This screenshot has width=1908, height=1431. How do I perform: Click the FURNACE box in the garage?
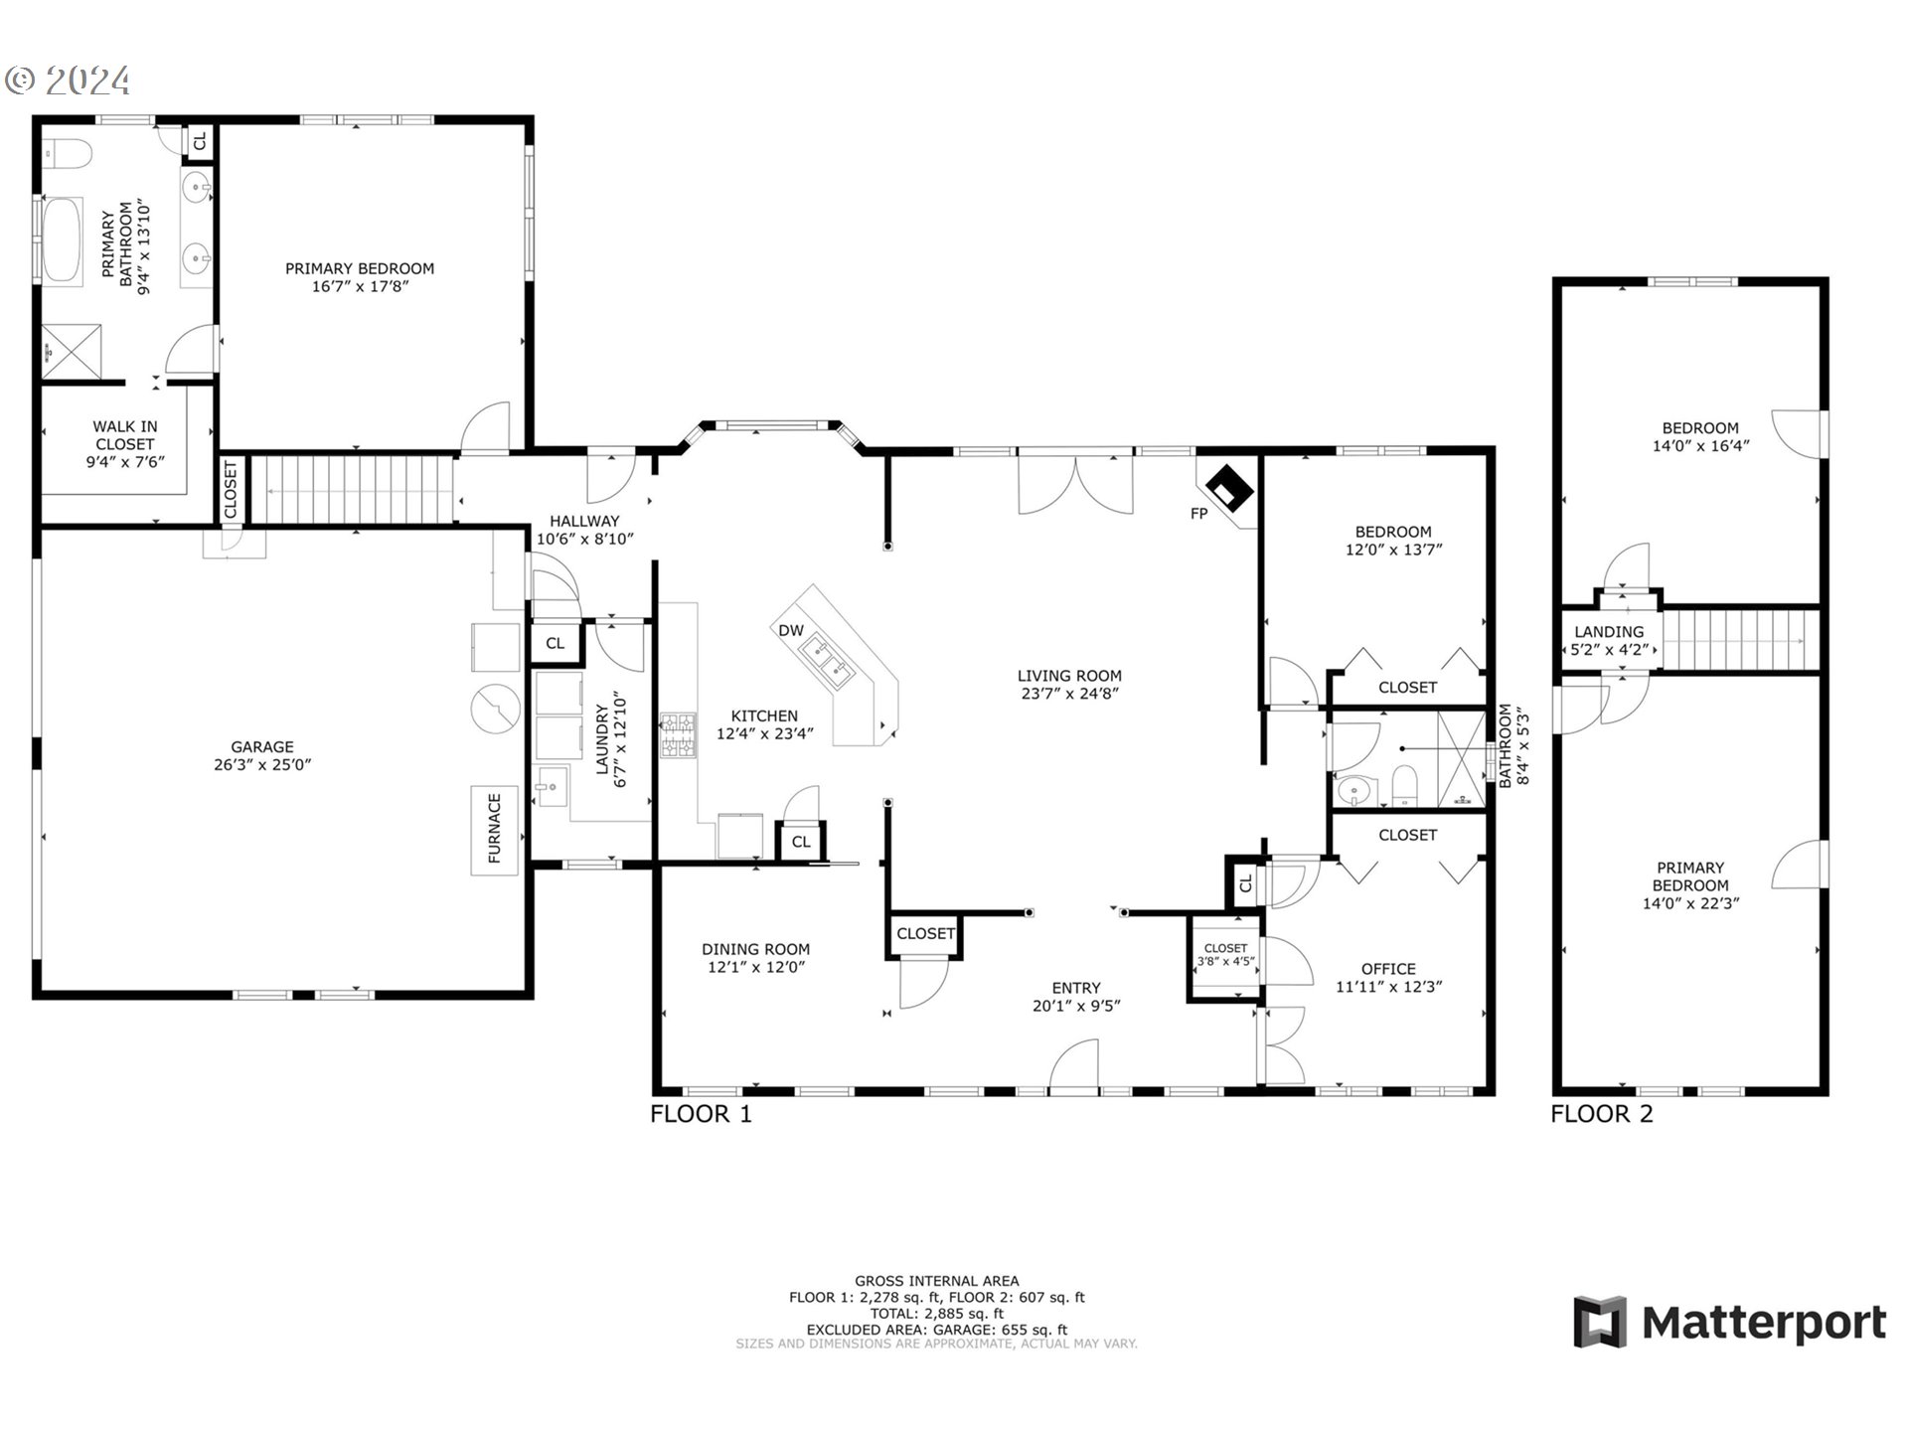pyautogui.click(x=494, y=831)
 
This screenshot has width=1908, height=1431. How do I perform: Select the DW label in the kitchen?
pyautogui.click(x=790, y=630)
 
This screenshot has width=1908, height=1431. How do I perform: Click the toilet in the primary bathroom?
pyautogui.click(x=67, y=155)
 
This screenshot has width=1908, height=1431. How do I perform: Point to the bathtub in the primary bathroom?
pyautogui.click(x=62, y=241)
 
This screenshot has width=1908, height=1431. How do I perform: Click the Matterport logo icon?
pyautogui.click(x=1600, y=1321)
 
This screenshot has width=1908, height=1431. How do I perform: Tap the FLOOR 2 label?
pyautogui.click(x=1601, y=1114)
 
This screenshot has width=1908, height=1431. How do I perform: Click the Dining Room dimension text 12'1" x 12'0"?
pyautogui.click(x=755, y=967)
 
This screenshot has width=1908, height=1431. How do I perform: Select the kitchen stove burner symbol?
pyautogui.click(x=678, y=736)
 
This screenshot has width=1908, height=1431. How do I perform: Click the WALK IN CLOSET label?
pyautogui.click(x=125, y=435)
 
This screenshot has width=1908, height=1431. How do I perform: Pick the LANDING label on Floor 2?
pyautogui.click(x=1608, y=631)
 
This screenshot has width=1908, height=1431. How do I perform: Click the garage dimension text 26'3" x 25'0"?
pyautogui.click(x=261, y=765)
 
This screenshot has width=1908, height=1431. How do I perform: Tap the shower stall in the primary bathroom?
pyautogui.click(x=72, y=351)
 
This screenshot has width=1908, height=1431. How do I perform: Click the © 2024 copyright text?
pyautogui.click(x=69, y=80)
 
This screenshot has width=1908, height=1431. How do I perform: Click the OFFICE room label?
pyautogui.click(x=1388, y=969)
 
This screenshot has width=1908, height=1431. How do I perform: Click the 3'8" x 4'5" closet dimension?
pyautogui.click(x=1225, y=962)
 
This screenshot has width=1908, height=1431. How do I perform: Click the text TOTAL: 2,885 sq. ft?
pyautogui.click(x=936, y=1313)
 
